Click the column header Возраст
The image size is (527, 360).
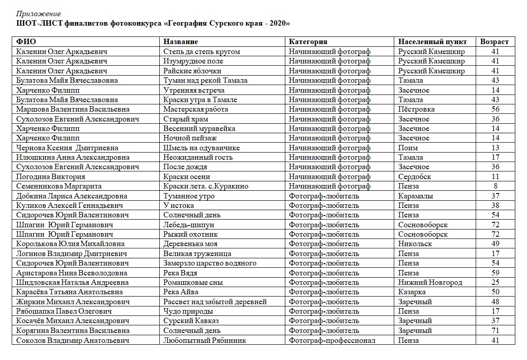pos(494,42)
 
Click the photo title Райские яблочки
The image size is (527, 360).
pos(192,71)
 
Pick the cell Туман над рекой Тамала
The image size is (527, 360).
pos(205,81)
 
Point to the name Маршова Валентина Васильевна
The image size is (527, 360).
pos(73,109)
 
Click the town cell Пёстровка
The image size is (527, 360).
pos(416,109)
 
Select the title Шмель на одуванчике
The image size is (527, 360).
pos(202,148)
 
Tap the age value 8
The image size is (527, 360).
pos(495,186)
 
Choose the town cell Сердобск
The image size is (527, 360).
pos(414,177)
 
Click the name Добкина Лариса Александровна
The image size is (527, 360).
pos(72,196)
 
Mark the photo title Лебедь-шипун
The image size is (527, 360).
pos(189,225)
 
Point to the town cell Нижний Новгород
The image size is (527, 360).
pos(430,283)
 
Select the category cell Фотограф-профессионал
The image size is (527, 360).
pos(332,340)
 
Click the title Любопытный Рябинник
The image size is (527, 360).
pos(204,340)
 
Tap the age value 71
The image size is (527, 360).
pos(495,331)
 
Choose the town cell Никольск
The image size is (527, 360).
pos(415,244)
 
